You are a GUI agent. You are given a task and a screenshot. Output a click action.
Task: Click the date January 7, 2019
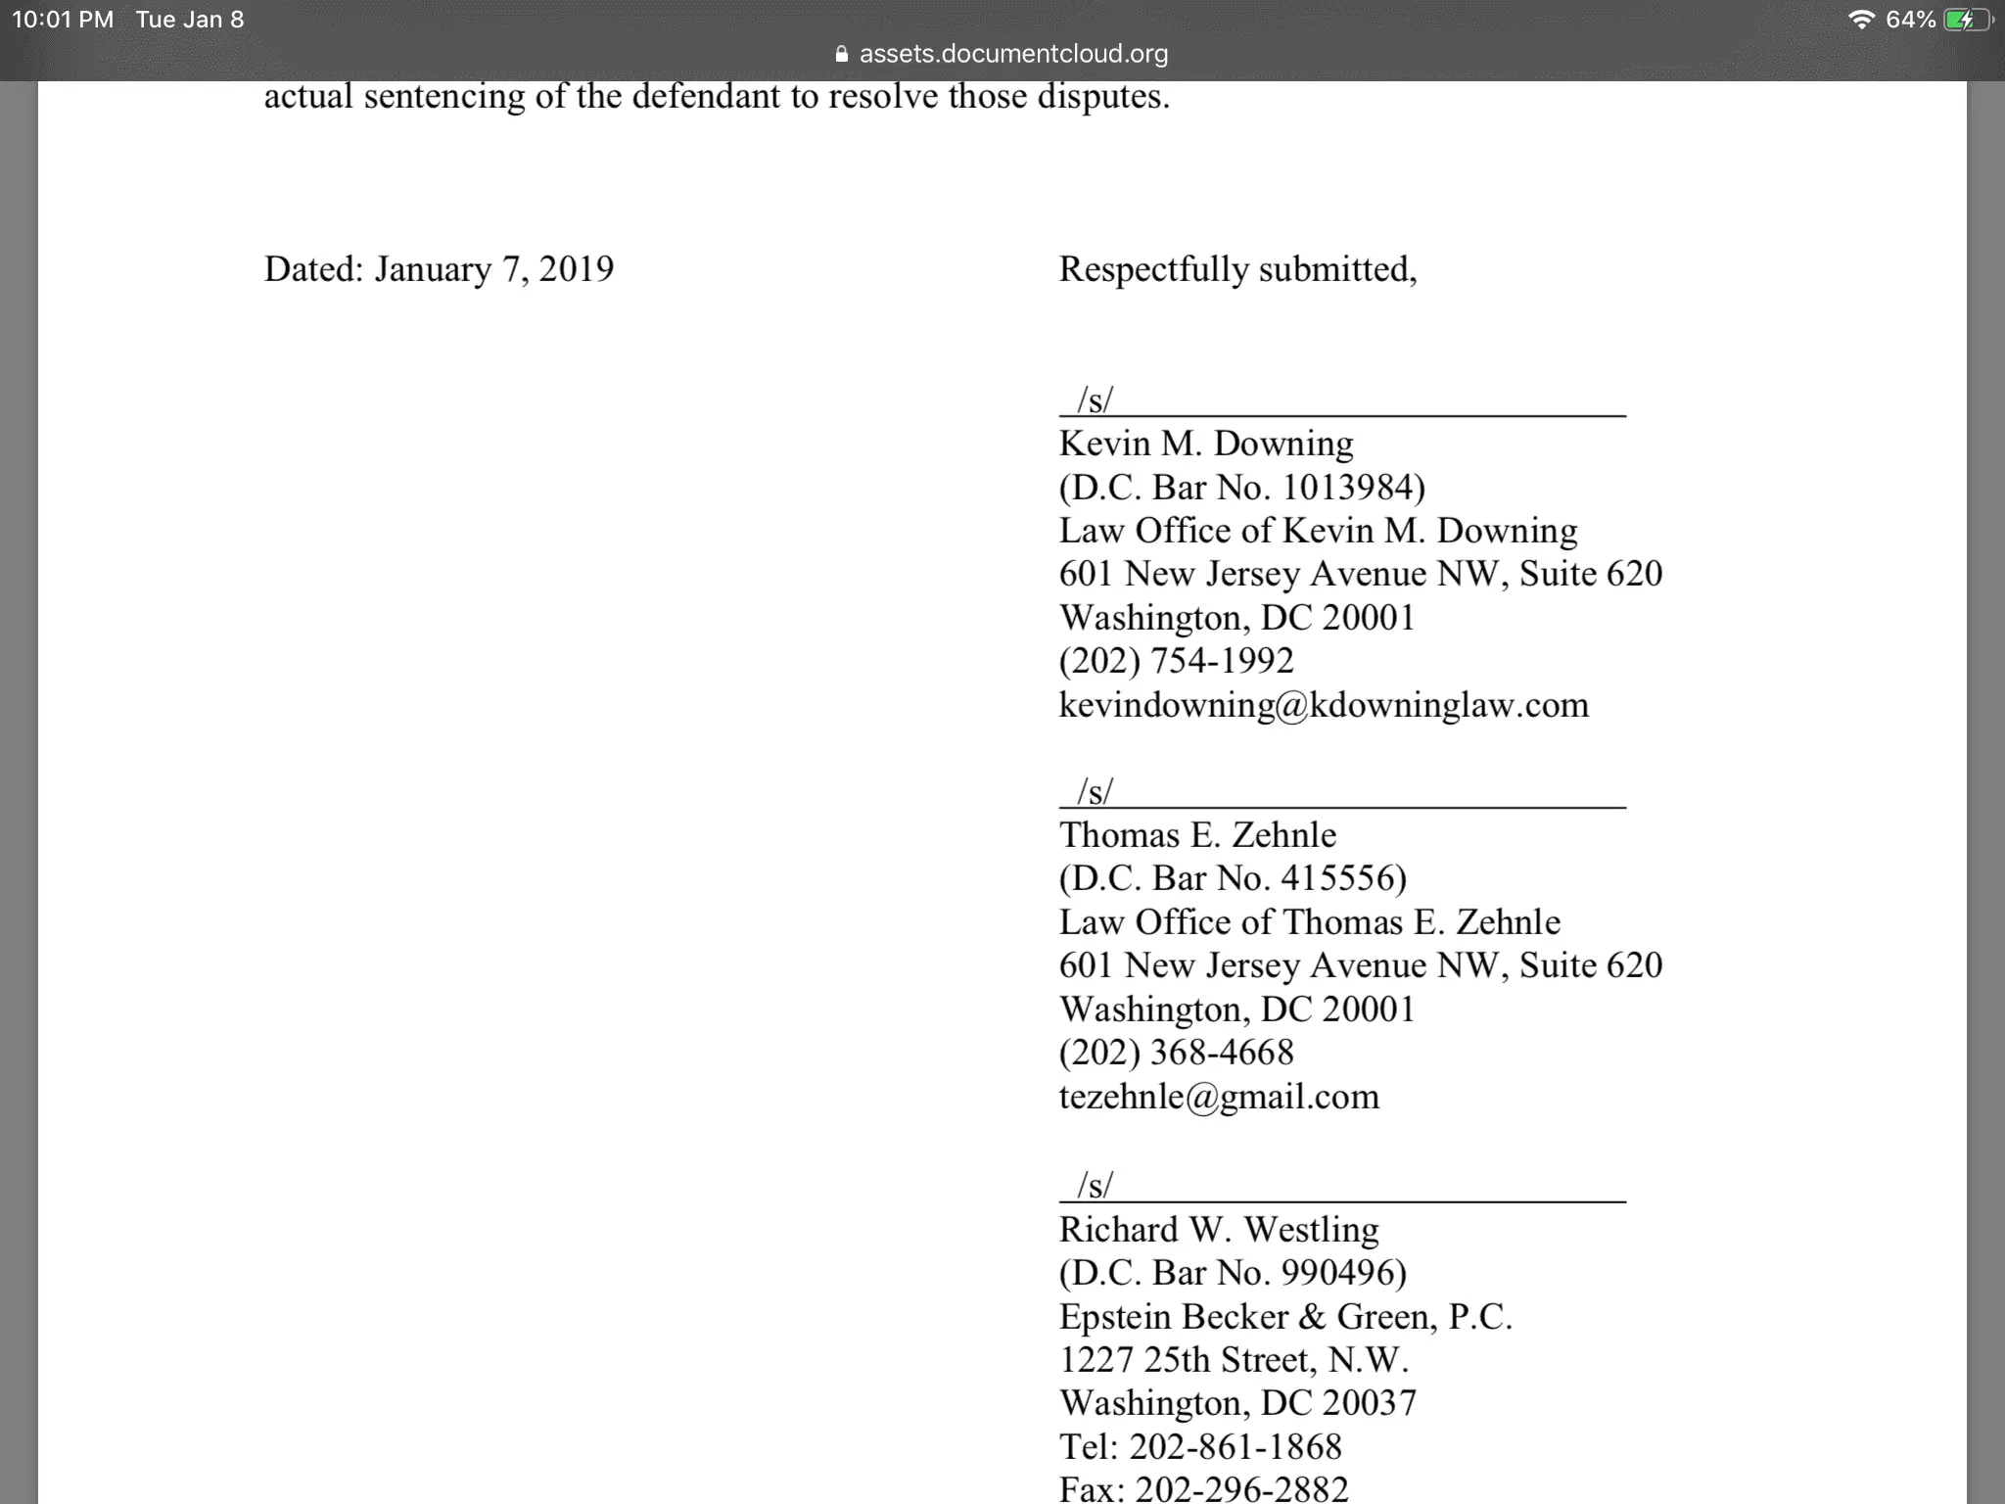point(493,269)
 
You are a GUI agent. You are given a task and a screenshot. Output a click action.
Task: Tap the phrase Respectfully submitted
point(1237,269)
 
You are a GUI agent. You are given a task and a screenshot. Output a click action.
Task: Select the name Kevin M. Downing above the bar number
point(1206,444)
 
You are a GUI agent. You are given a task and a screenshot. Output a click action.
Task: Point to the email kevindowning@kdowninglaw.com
point(1324,705)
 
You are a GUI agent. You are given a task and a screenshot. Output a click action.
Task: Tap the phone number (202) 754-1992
point(1176,661)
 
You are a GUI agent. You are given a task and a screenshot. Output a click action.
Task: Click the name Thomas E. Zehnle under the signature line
point(1197,835)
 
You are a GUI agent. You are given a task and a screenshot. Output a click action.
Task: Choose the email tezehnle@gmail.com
point(1219,1097)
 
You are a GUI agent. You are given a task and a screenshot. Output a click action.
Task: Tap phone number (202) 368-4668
point(1176,1053)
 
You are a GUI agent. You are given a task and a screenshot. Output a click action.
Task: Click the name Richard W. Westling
point(1219,1230)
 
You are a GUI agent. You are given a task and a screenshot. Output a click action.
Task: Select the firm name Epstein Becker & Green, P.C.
point(1285,1317)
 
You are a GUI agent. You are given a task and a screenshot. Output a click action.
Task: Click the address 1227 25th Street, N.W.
point(1234,1360)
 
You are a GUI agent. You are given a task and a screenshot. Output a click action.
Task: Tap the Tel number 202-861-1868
point(1235,1447)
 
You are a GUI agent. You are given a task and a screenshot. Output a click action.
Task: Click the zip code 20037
point(1369,1403)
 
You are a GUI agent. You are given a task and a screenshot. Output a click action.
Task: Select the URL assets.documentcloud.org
point(1013,54)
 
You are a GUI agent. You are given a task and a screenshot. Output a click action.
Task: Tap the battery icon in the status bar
point(1967,20)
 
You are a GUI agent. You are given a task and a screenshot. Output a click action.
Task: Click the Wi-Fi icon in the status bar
point(1860,20)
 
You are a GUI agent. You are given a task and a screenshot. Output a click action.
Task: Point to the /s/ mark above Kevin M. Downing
point(1095,400)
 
